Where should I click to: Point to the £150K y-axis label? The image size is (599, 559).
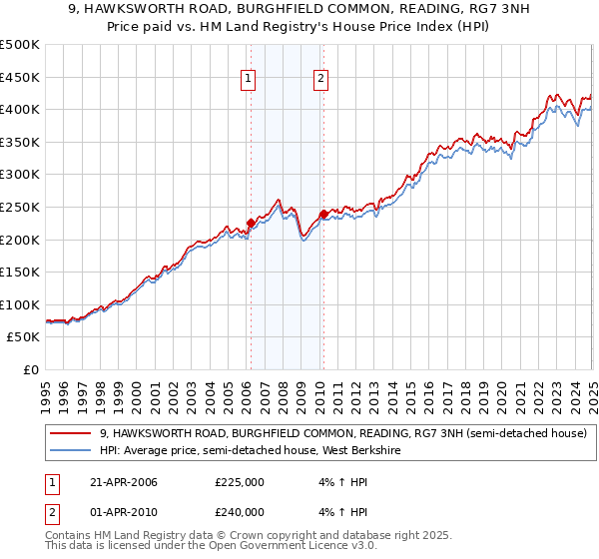(21, 272)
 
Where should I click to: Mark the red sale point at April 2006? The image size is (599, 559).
(251, 224)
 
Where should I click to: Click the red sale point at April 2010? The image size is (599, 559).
(322, 214)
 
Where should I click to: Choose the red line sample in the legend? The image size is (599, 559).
(71, 433)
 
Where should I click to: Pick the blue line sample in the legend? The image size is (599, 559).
(71, 450)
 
